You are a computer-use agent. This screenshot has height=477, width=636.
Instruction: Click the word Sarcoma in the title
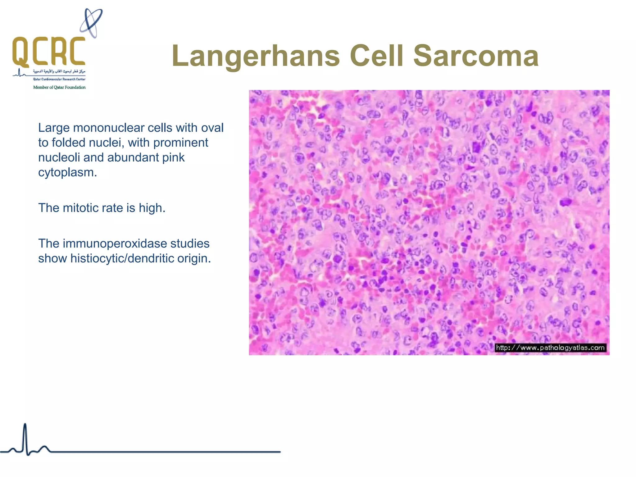(x=476, y=56)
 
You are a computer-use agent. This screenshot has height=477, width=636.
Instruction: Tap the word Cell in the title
(x=376, y=56)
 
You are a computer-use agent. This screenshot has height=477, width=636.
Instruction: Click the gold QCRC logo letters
(x=49, y=51)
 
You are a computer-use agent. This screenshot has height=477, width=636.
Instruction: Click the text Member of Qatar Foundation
(x=59, y=88)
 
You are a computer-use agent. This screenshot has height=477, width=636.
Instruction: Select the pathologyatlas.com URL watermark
(x=550, y=348)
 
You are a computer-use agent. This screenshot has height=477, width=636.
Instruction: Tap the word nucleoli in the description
(x=59, y=157)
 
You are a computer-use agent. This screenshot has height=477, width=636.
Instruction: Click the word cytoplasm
(x=67, y=172)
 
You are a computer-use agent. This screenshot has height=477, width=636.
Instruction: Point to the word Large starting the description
(x=54, y=128)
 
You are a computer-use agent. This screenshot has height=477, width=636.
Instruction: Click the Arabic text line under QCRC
(x=59, y=71)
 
